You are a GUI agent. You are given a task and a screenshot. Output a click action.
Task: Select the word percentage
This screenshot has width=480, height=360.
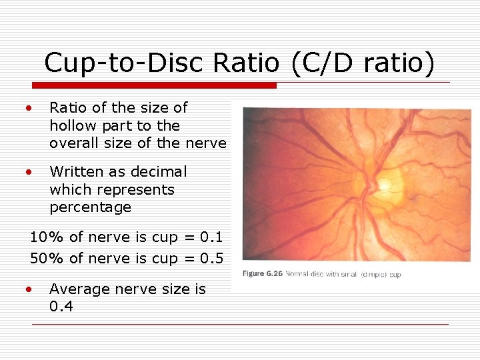[x=90, y=207]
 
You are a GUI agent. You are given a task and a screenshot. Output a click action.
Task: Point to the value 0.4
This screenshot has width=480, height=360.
[x=61, y=307]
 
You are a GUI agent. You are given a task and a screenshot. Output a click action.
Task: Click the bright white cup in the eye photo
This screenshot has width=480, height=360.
[x=385, y=182]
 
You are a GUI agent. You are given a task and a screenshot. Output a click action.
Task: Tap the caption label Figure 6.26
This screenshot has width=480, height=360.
[x=262, y=274]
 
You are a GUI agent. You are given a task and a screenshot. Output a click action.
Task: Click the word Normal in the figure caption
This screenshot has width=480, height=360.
[x=297, y=274]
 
